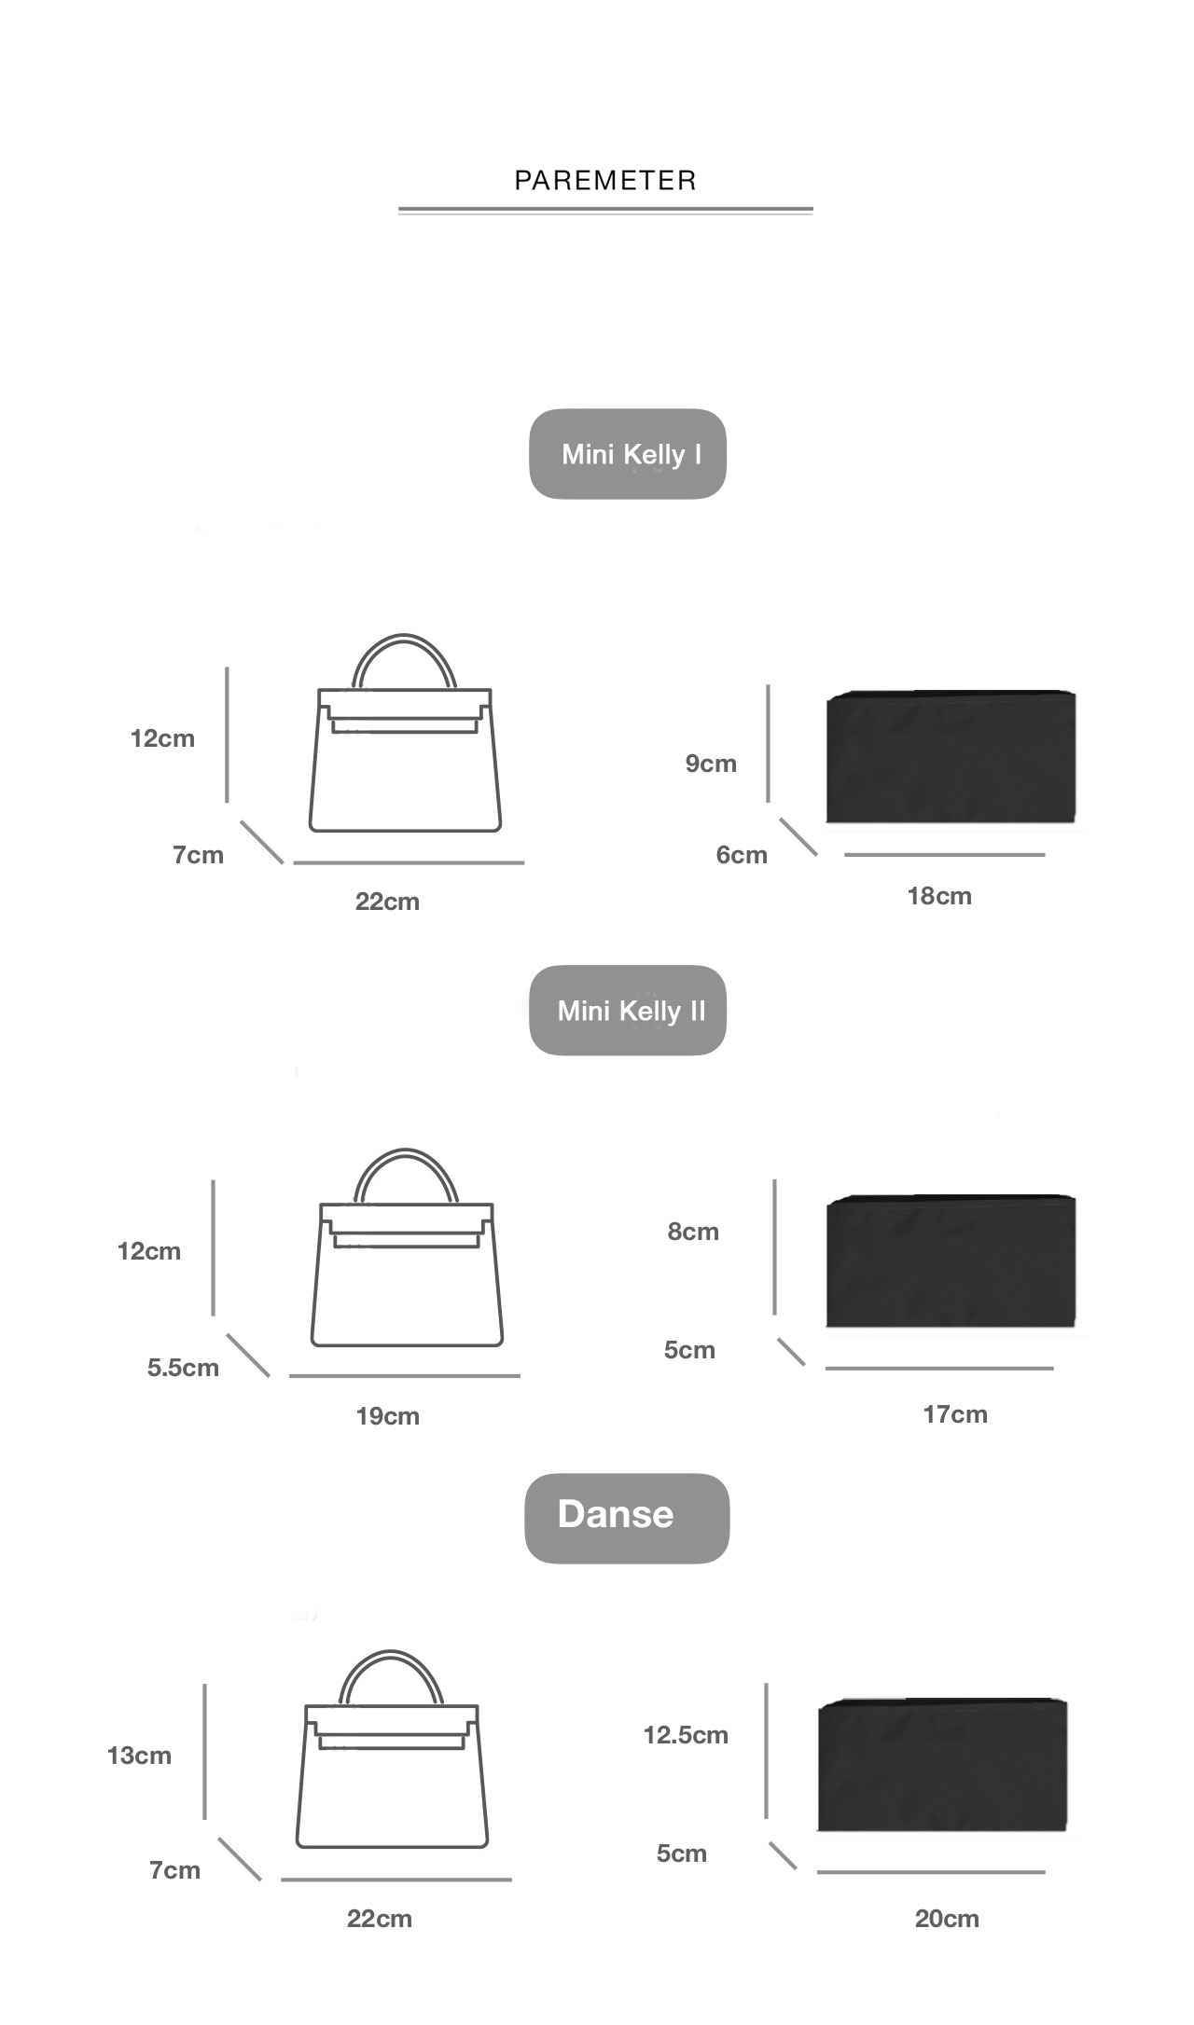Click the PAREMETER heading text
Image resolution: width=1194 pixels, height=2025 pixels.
click(x=605, y=180)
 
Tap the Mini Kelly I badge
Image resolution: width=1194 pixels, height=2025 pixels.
click(x=628, y=454)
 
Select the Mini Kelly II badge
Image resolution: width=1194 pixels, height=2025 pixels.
click(x=628, y=1011)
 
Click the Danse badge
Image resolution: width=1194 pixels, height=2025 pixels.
click(x=627, y=1519)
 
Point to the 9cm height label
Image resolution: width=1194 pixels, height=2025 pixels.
click(x=711, y=764)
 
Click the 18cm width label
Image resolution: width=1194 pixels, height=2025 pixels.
click(x=939, y=896)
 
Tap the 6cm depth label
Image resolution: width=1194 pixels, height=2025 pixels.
click(x=742, y=855)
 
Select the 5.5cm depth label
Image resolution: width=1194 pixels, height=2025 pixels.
click(x=183, y=1368)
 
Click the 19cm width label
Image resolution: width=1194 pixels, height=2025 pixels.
click(x=387, y=1416)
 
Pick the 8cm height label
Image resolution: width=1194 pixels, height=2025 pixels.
click(x=693, y=1232)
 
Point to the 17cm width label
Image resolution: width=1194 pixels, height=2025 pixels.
click(x=955, y=1414)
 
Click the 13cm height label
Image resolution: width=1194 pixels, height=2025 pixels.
click(x=139, y=1756)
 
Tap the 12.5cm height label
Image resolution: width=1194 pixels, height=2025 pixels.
click(x=686, y=1735)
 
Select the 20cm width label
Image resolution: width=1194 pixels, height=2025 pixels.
click(x=947, y=1919)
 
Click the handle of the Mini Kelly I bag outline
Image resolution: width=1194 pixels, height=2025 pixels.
click(x=404, y=638)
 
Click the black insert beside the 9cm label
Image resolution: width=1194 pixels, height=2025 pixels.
click(x=951, y=757)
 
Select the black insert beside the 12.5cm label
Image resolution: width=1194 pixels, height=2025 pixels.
click(x=942, y=1765)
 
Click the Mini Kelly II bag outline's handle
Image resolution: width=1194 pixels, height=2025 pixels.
click(x=406, y=1152)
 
